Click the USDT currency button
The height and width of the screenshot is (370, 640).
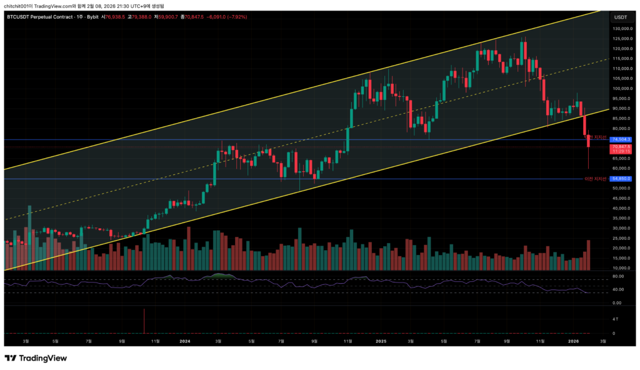(621, 17)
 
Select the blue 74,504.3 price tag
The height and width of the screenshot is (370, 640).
(622, 139)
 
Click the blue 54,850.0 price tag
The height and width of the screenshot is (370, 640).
(622, 179)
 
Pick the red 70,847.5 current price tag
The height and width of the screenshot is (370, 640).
(622, 147)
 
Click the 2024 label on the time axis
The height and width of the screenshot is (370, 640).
(184, 341)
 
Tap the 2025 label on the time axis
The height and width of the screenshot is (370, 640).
(381, 341)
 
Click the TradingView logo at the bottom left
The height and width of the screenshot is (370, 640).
(36, 358)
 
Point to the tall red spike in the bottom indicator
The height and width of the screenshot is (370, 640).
(144, 321)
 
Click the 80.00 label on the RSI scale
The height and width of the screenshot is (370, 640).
(619, 276)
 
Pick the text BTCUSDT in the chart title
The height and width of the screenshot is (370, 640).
(21, 17)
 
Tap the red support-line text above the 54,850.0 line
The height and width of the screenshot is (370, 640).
(595, 179)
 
